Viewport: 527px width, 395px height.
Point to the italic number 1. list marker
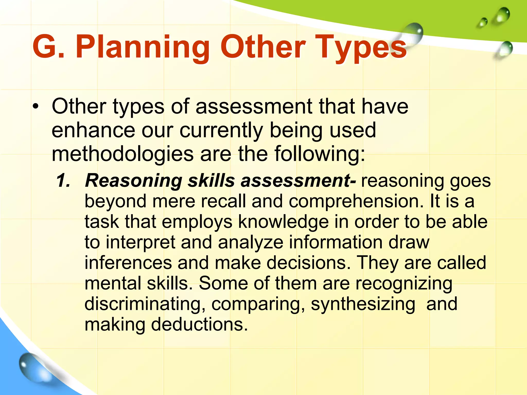click(x=63, y=180)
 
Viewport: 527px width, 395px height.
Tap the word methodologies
click(x=122, y=154)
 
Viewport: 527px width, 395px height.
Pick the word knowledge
click(x=283, y=222)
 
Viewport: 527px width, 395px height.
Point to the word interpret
click(x=140, y=243)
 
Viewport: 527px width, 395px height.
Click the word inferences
click(x=128, y=263)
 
